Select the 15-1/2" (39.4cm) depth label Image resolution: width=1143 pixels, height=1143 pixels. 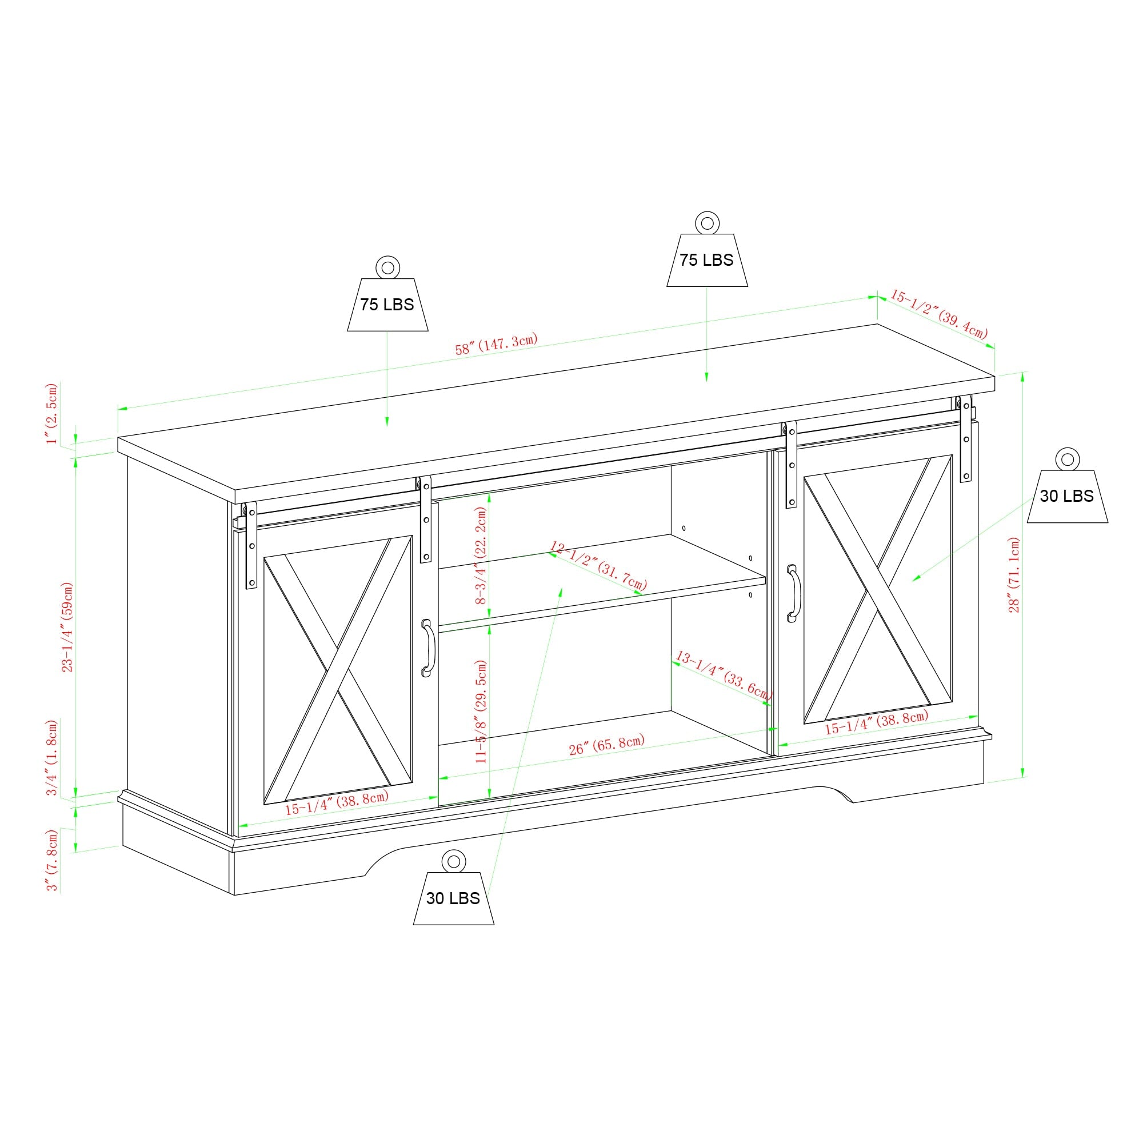(x=939, y=314)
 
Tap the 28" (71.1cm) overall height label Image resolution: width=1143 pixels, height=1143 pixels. (x=1014, y=574)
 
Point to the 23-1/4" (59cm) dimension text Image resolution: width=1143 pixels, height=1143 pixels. (x=68, y=627)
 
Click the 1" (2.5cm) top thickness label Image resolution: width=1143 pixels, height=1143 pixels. (x=53, y=414)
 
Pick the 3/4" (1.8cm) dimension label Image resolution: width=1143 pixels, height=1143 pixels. (x=53, y=758)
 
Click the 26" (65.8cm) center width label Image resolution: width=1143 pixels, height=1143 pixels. (x=606, y=745)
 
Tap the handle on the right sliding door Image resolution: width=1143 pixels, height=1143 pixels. (x=793, y=593)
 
